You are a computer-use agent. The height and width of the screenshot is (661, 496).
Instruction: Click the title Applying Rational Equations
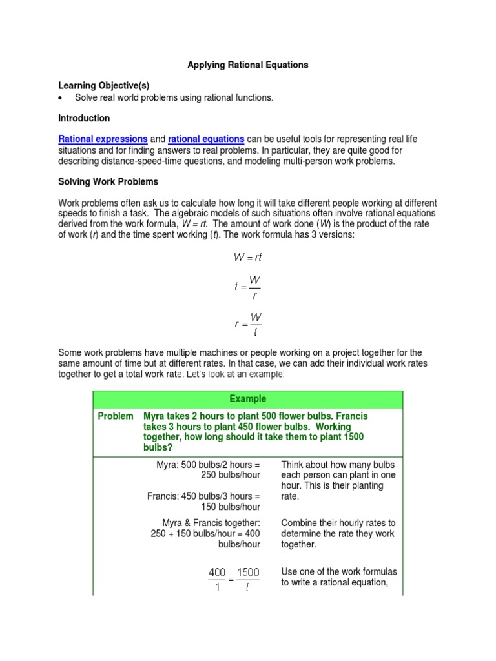coord(248,65)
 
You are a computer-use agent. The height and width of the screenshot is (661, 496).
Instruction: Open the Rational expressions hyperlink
coord(103,139)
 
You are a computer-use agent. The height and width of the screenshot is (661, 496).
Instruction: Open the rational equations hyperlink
coord(206,139)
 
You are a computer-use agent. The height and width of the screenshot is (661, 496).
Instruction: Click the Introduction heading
coord(84,119)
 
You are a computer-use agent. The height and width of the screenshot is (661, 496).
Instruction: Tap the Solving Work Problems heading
coord(108,181)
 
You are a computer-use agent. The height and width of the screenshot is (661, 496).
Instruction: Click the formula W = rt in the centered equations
coord(248,257)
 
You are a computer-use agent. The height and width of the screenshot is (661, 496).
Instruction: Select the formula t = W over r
coord(248,286)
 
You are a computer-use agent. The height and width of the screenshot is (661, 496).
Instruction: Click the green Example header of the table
coord(248,399)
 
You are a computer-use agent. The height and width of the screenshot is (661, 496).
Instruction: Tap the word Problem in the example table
coord(116,416)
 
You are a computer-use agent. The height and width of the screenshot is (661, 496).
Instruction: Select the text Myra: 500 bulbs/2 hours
coord(208,465)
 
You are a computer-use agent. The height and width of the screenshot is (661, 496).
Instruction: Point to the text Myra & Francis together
coord(211,522)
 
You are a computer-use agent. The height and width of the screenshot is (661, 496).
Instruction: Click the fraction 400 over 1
coord(217,579)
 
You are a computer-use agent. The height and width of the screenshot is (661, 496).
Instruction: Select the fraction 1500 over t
coord(248,579)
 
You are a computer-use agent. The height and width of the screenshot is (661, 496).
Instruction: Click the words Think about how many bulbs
coord(338,465)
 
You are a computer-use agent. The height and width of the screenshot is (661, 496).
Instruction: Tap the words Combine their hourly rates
coord(338,522)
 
